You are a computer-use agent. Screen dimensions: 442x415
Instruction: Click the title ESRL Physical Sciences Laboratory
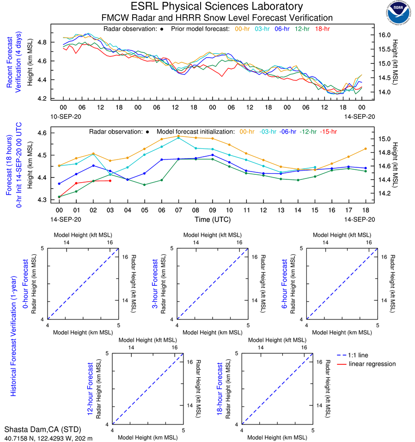pyautogui.click(x=217, y=6)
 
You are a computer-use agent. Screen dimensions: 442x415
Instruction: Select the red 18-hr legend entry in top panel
pyautogui.click(x=322, y=29)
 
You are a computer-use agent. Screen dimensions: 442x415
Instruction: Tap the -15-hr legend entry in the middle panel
pyautogui.click(x=329, y=131)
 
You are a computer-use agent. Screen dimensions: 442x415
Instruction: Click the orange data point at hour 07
pyautogui.click(x=178, y=136)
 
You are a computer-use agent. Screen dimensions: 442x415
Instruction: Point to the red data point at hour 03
pyautogui.click(x=110, y=180)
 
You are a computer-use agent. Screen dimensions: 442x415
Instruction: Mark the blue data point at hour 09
pyautogui.click(x=212, y=155)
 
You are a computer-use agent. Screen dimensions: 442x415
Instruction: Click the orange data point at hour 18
pyautogui.click(x=366, y=148)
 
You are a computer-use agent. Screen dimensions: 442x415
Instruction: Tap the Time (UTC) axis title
pyautogui.click(x=213, y=219)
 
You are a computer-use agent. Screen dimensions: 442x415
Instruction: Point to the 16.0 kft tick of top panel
pyautogui.click(x=384, y=35)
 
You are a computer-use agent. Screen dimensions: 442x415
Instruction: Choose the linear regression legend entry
pyautogui.click(x=372, y=364)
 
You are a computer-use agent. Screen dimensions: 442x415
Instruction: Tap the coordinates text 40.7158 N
pyautogui.click(x=20, y=437)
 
